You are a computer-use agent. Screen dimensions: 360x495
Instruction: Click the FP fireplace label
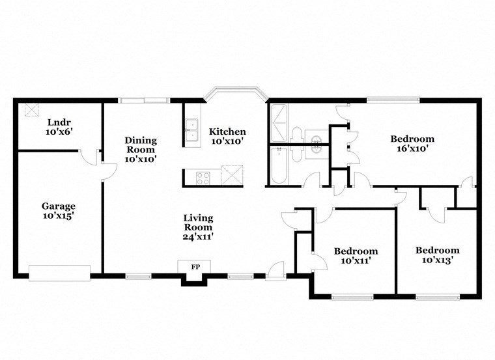click(195, 267)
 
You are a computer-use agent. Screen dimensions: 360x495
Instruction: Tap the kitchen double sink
click(191, 130)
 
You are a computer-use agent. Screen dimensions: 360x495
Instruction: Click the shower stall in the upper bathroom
click(278, 124)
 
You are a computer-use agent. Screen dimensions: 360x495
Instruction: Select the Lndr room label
click(58, 121)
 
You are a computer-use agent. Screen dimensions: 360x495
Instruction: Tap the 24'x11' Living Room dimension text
click(198, 237)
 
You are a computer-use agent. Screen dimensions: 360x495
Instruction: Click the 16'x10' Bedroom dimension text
click(412, 149)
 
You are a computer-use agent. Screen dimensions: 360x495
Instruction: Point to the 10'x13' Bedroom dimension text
click(437, 260)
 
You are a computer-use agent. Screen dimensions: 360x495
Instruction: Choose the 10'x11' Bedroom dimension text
click(356, 261)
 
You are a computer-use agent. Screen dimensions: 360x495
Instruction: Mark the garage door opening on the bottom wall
click(59, 273)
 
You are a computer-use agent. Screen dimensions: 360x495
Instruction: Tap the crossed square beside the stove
click(231, 176)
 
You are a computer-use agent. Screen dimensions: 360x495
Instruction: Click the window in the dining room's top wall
click(144, 100)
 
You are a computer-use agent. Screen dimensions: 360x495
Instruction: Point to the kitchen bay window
click(234, 90)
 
